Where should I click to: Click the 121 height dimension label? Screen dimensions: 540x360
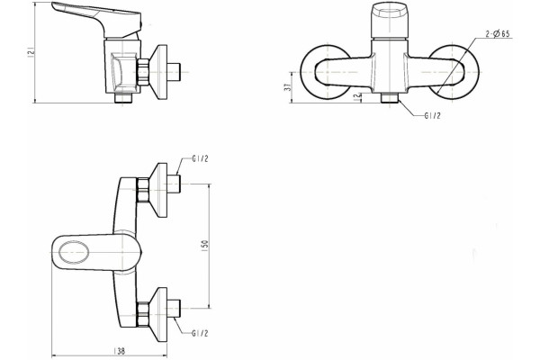point(31,52)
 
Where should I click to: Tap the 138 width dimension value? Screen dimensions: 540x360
point(119,351)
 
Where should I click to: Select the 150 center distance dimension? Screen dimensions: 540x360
point(204,245)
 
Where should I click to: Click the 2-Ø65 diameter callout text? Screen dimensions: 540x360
point(498,34)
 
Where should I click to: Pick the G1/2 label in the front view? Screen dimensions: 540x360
point(432,116)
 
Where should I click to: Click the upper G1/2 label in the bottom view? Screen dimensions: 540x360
point(200,158)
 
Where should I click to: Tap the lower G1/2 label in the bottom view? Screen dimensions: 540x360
point(200,333)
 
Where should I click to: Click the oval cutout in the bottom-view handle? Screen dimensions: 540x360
point(74,253)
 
